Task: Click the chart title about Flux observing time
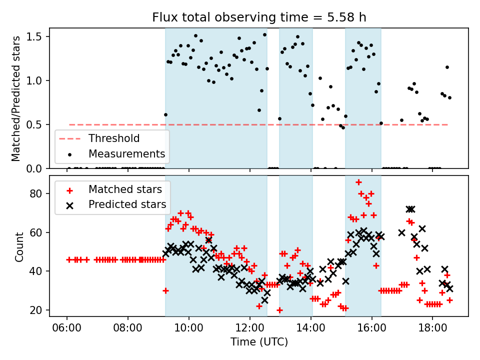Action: click(259, 17)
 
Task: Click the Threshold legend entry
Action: click(114, 138)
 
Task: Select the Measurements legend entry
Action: click(126, 153)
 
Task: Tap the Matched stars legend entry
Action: click(125, 189)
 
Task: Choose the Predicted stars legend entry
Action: click(127, 204)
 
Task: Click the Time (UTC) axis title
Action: click(259, 342)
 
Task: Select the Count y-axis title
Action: click(19, 246)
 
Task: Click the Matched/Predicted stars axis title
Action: click(16, 98)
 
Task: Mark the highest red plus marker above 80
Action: click(358, 182)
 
